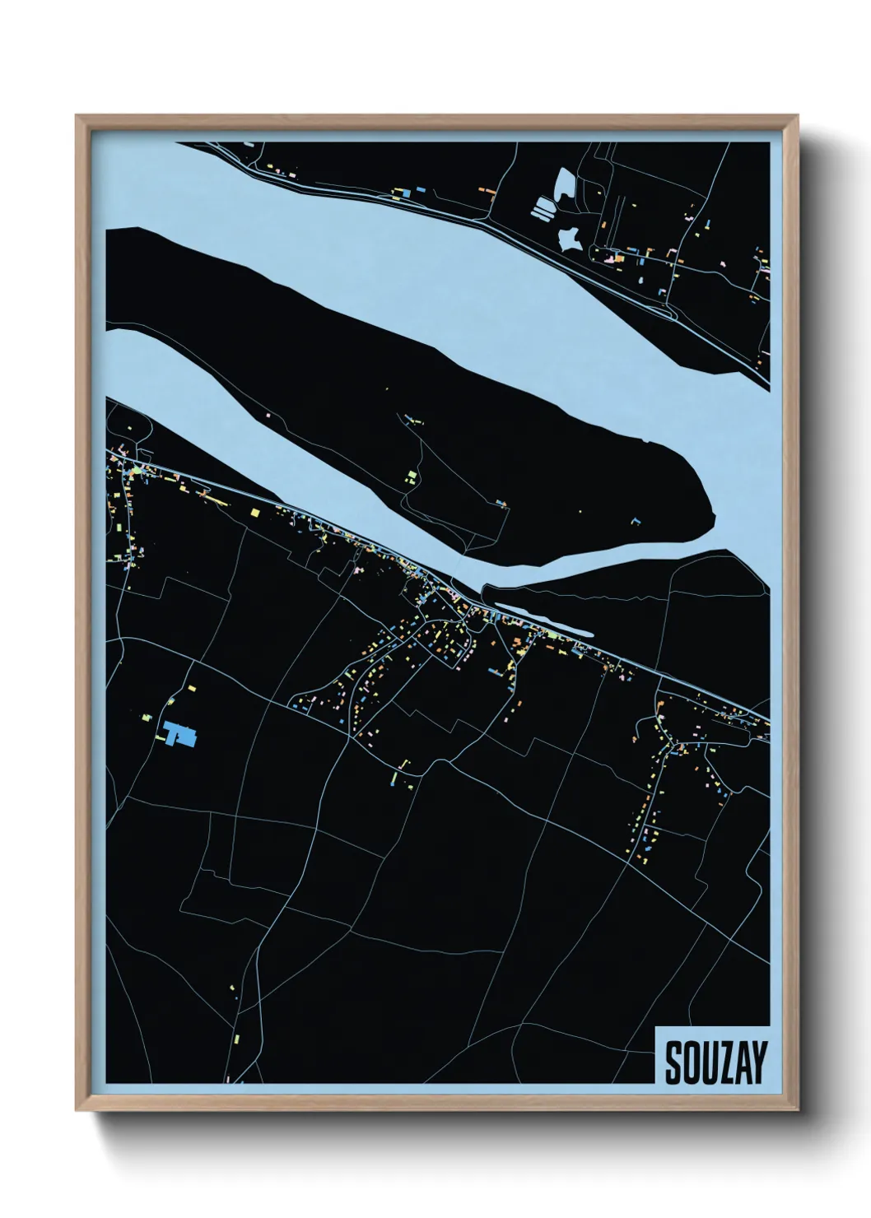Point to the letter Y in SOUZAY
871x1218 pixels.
[x=757, y=1063]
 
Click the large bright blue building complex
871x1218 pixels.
[x=180, y=733]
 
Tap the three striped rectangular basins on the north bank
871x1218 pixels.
[x=543, y=208]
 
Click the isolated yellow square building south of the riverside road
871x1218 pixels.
[x=254, y=512]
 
